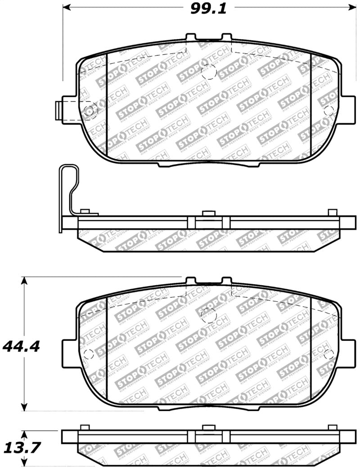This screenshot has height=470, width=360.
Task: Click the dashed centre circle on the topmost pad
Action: click(209, 72)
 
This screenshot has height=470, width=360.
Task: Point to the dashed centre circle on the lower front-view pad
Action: click(208, 314)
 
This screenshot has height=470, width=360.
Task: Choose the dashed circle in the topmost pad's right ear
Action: click(328, 110)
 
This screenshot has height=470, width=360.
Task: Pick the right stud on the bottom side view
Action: click(333, 427)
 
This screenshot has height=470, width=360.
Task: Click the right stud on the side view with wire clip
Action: click(333, 212)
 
